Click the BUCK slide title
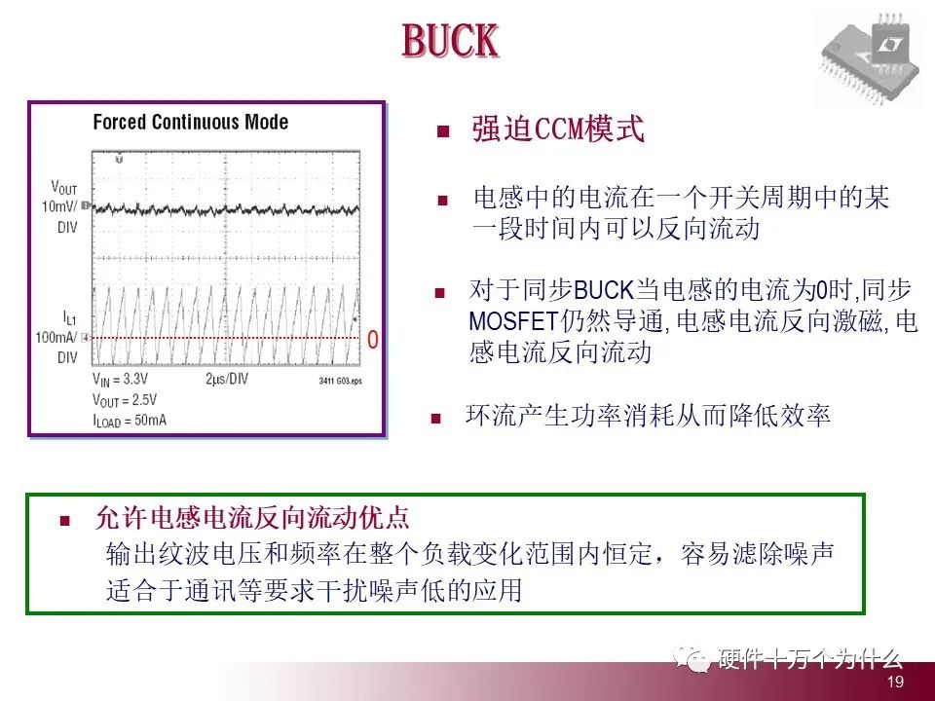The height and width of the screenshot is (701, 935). [x=450, y=42]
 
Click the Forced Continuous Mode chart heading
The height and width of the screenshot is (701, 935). [x=190, y=123]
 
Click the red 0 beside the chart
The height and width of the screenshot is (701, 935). [x=372, y=340]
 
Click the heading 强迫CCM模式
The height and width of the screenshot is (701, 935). [x=557, y=129]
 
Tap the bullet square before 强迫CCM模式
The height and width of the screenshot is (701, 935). [x=443, y=131]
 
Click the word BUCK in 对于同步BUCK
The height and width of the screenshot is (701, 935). [x=604, y=290]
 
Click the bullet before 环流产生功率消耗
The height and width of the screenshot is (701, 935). [x=437, y=419]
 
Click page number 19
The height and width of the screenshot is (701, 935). [x=896, y=683]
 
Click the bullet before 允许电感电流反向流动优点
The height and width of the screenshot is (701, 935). [x=65, y=520]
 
